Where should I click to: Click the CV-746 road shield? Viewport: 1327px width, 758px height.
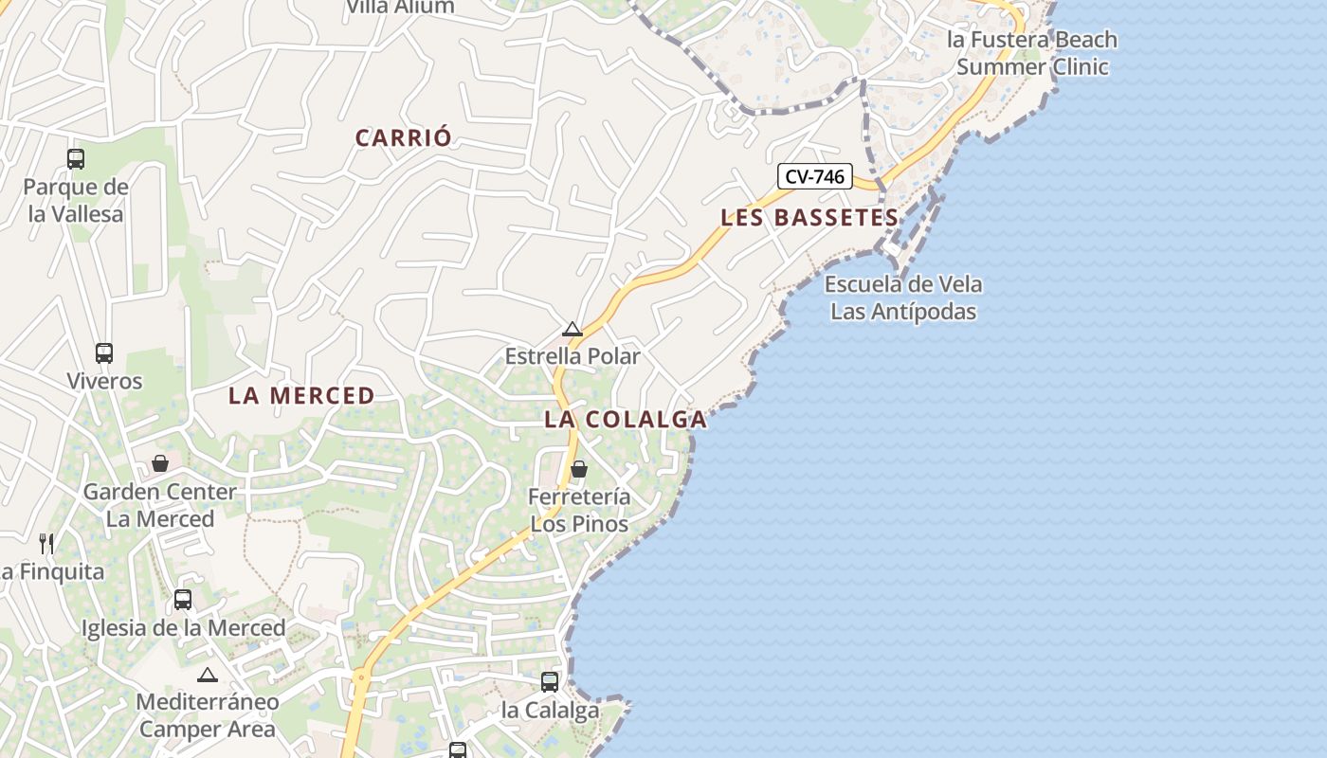(815, 176)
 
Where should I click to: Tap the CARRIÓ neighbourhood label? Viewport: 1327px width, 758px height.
(404, 137)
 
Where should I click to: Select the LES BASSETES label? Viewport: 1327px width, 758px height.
(809, 217)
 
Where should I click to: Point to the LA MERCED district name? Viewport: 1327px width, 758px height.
(301, 396)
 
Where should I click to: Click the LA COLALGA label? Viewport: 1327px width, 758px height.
(626, 420)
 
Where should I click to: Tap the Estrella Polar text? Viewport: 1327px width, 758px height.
(573, 356)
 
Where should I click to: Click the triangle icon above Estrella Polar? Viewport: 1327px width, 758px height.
(573, 330)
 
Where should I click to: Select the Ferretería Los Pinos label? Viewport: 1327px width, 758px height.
(579, 511)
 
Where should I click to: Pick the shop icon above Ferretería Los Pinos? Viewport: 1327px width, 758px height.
(578, 469)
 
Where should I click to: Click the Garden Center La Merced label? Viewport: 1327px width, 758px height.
(160, 505)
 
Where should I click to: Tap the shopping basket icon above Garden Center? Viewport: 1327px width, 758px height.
(160, 463)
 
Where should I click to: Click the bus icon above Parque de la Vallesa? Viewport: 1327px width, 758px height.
(76, 159)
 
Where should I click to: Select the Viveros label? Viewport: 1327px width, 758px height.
(104, 381)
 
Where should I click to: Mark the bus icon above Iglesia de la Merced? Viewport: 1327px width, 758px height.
(183, 600)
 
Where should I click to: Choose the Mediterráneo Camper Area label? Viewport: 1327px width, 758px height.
(208, 715)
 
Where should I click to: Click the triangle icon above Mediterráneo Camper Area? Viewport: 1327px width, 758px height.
(208, 676)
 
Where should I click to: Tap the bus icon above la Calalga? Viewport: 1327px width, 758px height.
(550, 682)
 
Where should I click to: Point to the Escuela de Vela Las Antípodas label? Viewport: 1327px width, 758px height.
(903, 298)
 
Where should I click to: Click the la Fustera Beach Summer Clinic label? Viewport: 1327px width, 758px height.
(1032, 53)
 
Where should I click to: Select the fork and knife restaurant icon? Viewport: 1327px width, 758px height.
(46, 544)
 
